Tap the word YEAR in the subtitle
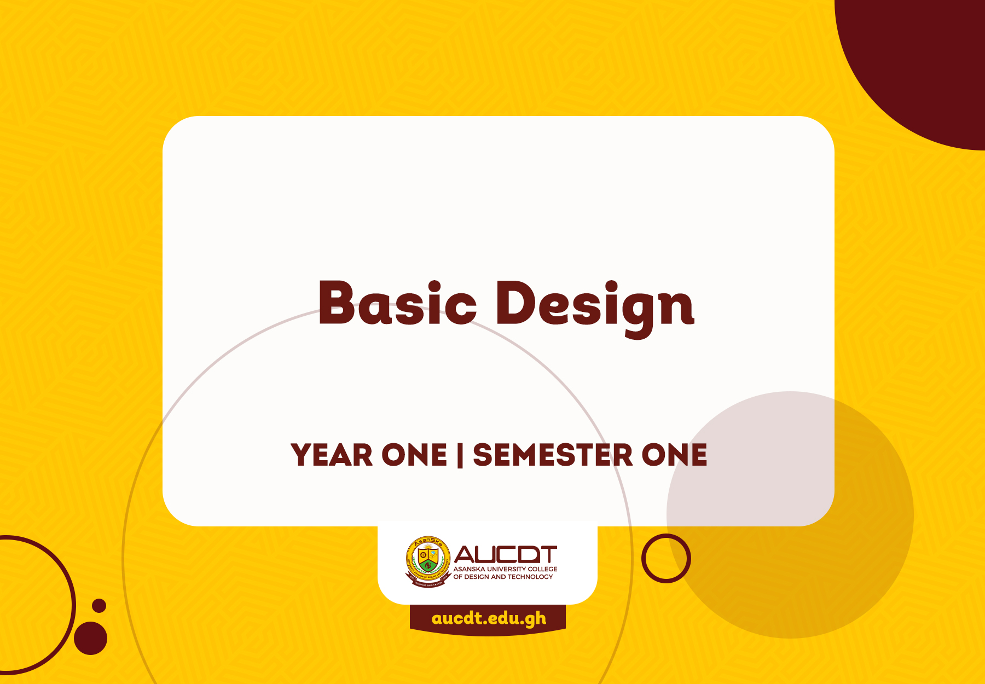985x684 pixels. click(332, 455)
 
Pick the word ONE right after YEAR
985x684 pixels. click(414, 455)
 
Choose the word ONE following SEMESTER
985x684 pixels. click(674, 455)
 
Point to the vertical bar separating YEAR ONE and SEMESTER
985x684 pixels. click(460, 455)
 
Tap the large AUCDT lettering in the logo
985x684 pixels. click(505, 554)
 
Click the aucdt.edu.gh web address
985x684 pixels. click(489, 618)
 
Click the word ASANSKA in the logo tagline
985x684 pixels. click(469, 569)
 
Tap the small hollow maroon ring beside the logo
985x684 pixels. click(666, 558)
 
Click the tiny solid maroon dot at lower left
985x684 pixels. click(99, 606)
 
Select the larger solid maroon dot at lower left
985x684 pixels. click(90, 638)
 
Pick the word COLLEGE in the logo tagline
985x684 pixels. click(542, 569)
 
